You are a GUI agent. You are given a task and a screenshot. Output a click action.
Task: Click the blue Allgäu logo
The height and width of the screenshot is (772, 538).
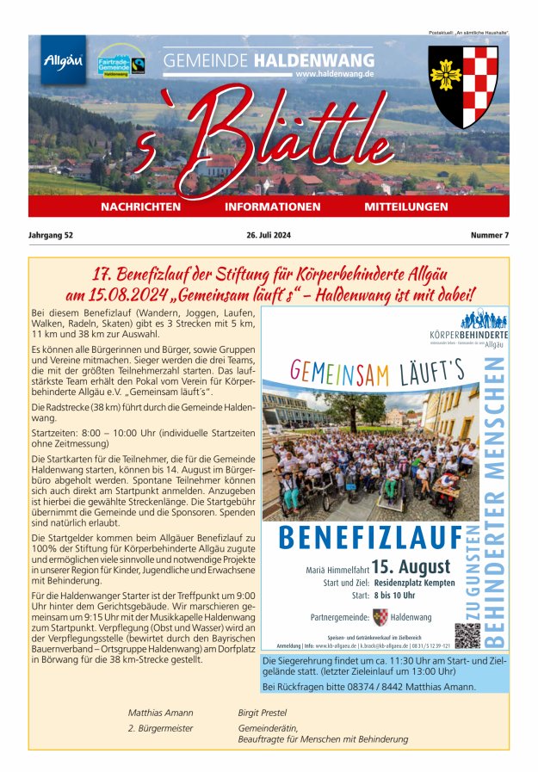coord(64,60)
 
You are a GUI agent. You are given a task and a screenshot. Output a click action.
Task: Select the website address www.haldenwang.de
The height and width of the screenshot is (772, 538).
coord(335,75)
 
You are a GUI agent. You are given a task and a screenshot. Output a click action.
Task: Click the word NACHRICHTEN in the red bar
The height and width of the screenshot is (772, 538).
coord(140,207)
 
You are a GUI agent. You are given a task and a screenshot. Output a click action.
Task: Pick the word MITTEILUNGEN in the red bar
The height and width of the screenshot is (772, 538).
coord(406,207)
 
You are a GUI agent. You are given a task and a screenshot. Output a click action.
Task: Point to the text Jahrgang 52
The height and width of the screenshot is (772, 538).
coord(51,235)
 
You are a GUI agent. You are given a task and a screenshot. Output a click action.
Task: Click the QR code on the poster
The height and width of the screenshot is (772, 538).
coord(467,635)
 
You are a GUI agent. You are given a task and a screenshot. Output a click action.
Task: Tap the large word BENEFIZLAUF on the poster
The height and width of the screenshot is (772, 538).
coord(370,538)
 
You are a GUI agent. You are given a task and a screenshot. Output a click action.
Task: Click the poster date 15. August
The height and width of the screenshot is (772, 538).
coord(411,567)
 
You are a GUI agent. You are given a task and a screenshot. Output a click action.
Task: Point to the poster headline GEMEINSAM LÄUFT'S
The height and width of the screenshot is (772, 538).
coord(366,371)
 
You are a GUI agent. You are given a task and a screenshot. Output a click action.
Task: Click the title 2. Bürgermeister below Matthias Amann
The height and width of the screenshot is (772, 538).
coord(160,728)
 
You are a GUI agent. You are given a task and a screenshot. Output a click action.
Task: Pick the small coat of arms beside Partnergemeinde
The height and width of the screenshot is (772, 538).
coord(380,617)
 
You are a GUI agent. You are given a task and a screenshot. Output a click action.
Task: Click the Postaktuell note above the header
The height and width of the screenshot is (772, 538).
coord(468,32)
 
